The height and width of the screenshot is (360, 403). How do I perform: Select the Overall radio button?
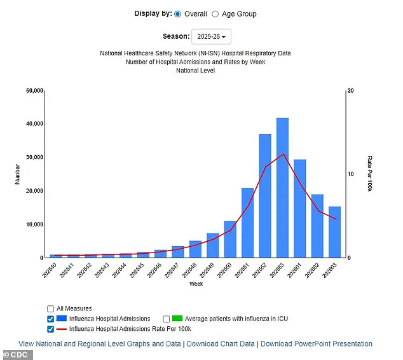[177, 14]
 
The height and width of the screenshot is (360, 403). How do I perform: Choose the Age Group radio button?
[215, 14]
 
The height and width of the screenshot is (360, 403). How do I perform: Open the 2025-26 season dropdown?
[212, 37]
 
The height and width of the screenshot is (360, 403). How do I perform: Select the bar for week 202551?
[248, 223]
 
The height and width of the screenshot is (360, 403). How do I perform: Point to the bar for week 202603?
[334, 232]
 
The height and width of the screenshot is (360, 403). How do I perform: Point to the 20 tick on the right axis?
[350, 91]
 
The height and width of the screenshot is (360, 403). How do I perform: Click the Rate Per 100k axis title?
[370, 174]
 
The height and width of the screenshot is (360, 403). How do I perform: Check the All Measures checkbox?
[50, 308]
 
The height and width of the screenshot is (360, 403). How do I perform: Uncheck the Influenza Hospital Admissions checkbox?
[50, 319]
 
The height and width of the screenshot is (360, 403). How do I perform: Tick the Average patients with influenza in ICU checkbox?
[167, 319]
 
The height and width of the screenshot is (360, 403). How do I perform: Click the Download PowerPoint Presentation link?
[317, 344]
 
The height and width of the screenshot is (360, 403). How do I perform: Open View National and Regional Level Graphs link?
[100, 344]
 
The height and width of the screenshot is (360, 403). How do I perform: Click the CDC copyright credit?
[17, 354]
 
